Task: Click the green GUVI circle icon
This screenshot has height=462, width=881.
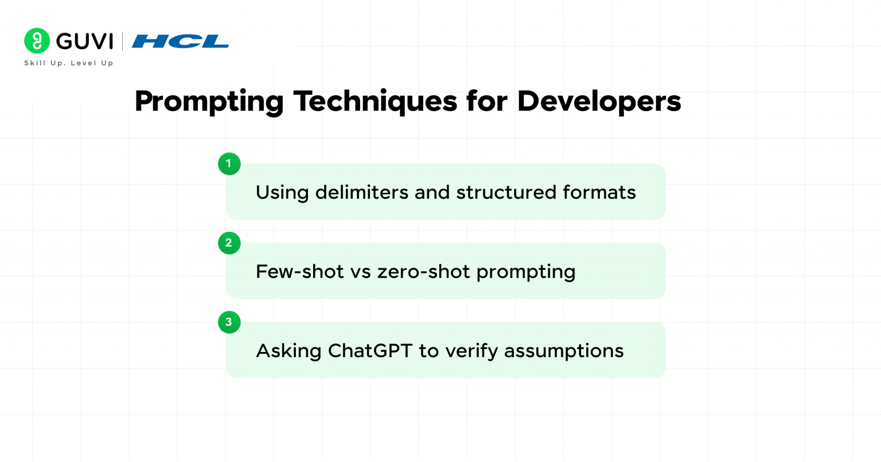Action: tap(37, 41)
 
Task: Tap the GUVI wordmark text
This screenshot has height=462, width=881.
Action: tap(84, 41)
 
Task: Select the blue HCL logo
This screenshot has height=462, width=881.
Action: tap(180, 41)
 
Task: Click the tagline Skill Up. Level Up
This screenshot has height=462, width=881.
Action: tap(69, 63)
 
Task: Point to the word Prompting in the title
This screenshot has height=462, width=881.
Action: tap(209, 101)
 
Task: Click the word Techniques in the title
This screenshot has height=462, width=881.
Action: tap(375, 101)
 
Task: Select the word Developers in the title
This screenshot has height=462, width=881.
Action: tap(599, 101)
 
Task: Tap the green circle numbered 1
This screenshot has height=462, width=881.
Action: tap(229, 164)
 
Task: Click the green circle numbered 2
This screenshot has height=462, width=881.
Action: tap(229, 243)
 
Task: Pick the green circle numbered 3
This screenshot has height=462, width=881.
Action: tap(229, 322)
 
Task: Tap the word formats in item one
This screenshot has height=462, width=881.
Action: tap(599, 192)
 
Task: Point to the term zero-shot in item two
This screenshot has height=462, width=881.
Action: tap(423, 271)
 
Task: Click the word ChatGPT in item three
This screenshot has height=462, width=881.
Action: tap(370, 351)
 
